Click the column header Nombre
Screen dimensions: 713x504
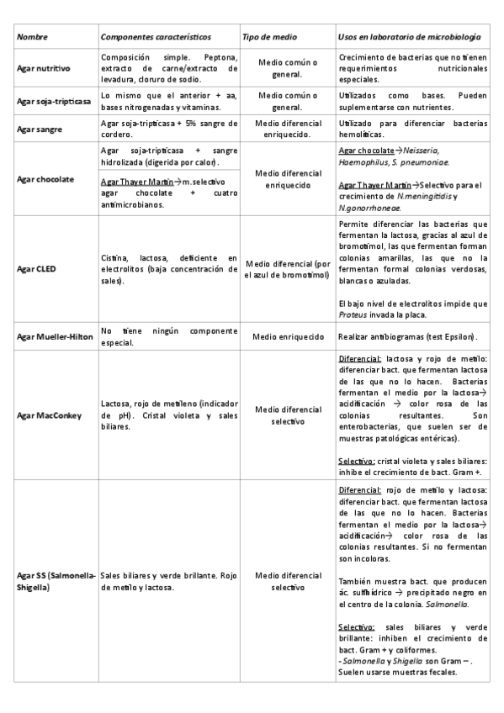click(33, 38)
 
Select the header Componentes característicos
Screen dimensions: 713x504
click(155, 38)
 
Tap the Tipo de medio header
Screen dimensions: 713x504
click(269, 38)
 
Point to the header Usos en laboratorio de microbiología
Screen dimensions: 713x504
click(409, 38)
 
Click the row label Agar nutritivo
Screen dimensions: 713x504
click(43, 68)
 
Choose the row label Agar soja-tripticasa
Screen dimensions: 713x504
click(53, 102)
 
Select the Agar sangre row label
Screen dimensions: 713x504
click(40, 128)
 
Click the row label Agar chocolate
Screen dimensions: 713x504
click(45, 179)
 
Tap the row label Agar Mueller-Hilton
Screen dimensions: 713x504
click(55, 336)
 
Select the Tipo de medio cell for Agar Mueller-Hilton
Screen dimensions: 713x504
click(288, 336)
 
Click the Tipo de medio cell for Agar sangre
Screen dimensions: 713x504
click(288, 128)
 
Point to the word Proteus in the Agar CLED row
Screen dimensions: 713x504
click(353, 314)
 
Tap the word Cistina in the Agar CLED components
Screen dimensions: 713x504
click(114, 257)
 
